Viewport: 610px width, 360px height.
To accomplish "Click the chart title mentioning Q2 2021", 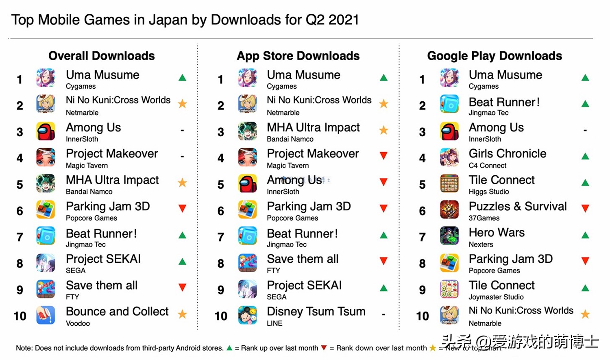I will [185, 20].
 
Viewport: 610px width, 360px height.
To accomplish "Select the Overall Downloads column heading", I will [102, 56].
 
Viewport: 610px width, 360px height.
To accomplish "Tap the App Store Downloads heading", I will [298, 56].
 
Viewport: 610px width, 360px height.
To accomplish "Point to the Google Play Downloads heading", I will [495, 56].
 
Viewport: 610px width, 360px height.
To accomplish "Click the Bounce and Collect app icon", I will [46, 316].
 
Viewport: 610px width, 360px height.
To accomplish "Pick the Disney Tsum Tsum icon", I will [247, 316].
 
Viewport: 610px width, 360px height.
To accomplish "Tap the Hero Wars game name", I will [497, 233].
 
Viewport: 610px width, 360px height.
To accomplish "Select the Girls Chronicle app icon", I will [449, 157].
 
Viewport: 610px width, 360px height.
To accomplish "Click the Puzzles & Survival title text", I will [518, 206].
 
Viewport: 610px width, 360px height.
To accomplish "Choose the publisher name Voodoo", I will [78, 323].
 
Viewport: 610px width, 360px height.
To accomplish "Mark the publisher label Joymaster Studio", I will [496, 297].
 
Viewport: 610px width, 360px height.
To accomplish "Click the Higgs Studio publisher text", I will [489, 192].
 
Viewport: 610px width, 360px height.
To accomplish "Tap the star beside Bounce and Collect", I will [183, 314].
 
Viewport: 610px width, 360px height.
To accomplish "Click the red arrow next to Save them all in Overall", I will [183, 288].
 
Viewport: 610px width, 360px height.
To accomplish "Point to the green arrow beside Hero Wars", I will [585, 235].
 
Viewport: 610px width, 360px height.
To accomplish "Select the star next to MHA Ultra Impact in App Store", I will [383, 130].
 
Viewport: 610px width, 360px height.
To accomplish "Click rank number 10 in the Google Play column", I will [422, 316].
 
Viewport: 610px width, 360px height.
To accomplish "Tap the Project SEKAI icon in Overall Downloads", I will [46, 263].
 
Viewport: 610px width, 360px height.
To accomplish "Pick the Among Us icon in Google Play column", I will [449, 131].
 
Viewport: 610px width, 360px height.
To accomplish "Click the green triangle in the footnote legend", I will [229, 348].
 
